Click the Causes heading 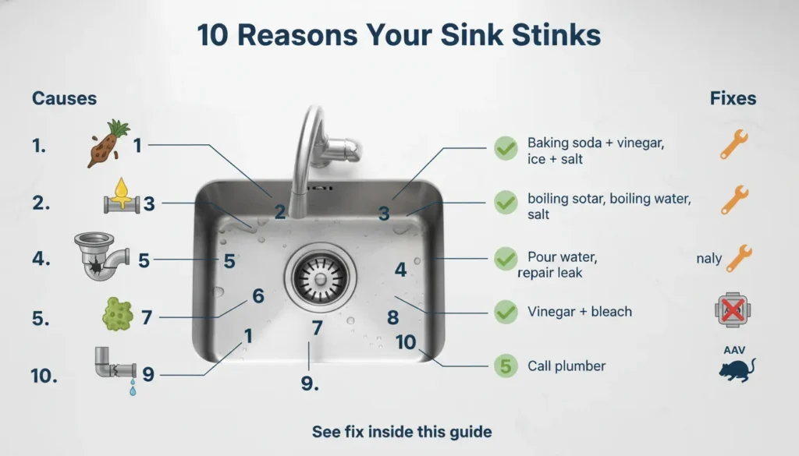coord(64,99)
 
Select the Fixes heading coord(733,99)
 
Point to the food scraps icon coord(105,144)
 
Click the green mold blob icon coord(119,315)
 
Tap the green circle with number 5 coord(506,366)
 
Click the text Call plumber coord(566,366)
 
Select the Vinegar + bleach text coord(580,312)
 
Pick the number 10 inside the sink coord(406,341)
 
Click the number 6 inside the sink coord(258,296)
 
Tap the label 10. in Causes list coord(45,376)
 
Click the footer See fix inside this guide coord(401,431)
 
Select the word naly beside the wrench coord(708,259)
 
